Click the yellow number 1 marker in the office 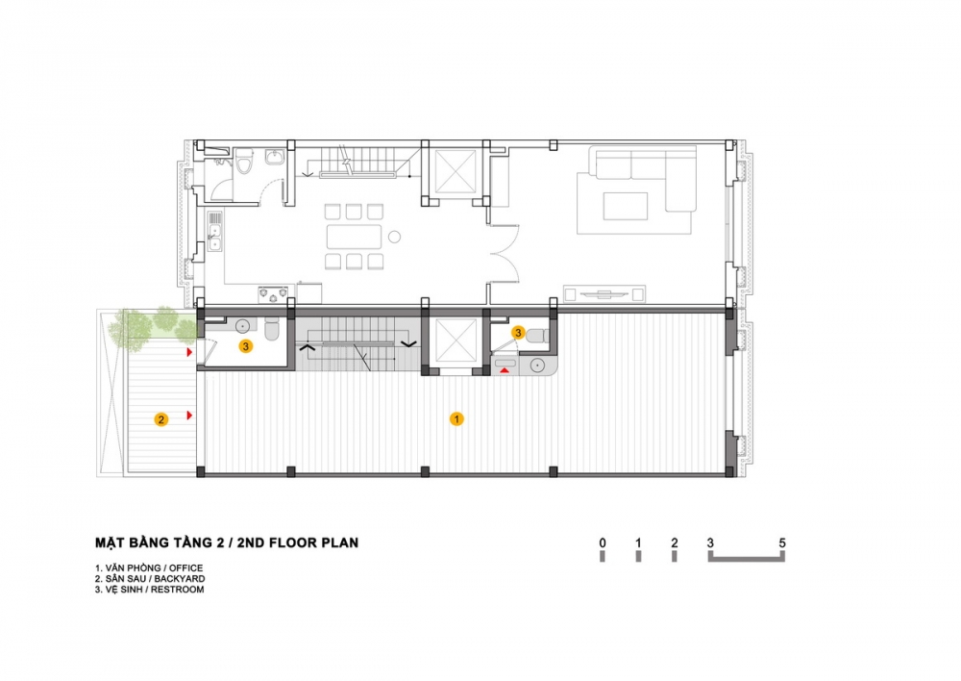[456, 419]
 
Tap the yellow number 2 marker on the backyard [161, 419]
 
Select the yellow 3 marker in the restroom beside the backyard [246, 346]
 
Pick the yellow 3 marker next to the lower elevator [518, 333]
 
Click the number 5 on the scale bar [782, 542]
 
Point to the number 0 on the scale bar [604, 542]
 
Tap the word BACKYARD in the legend [180, 578]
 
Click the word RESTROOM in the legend [178, 590]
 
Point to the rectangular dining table [355, 237]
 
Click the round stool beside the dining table [395, 237]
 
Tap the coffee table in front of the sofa [626, 206]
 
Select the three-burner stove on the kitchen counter [273, 294]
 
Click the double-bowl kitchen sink [215, 238]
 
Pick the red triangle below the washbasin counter [505, 370]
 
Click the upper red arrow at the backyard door [190, 352]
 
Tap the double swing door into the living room [505, 255]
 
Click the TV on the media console [604, 294]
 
